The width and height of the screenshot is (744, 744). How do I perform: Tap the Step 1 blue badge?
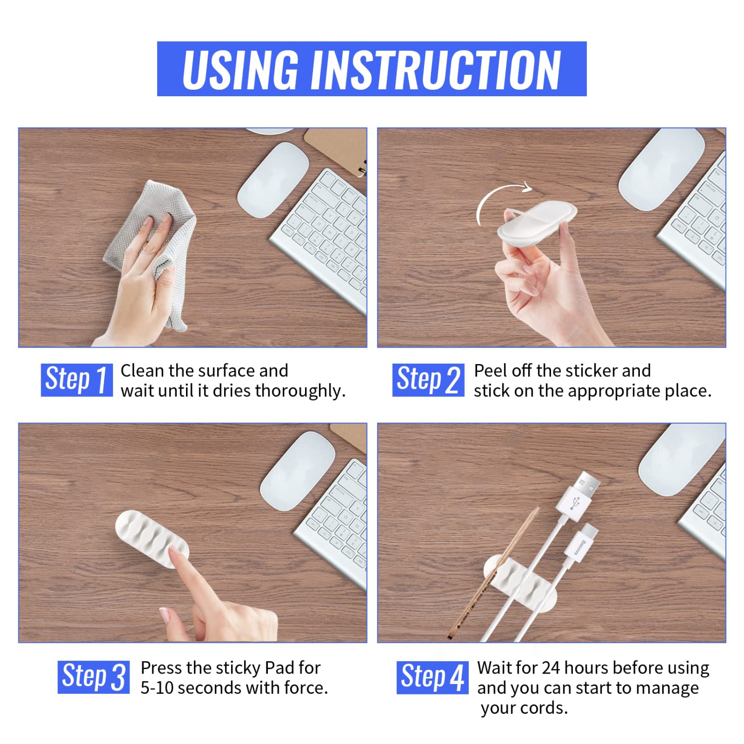(x=76, y=380)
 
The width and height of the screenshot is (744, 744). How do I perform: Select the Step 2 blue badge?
(x=428, y=380)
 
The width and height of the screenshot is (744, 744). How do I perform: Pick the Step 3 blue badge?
(x=93, y=677)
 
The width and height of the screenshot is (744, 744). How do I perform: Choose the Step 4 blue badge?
(x=432, y=678)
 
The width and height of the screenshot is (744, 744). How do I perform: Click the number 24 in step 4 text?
(x=551, y=668)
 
